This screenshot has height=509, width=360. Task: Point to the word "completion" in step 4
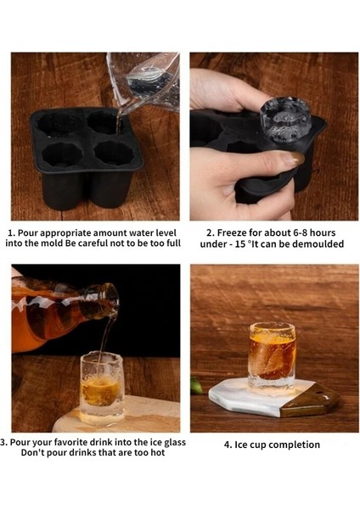(291, 445)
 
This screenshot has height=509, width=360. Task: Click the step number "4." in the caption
(228, 445)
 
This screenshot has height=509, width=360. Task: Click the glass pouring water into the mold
(146, 81)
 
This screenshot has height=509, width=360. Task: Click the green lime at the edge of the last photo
(195, 386)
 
